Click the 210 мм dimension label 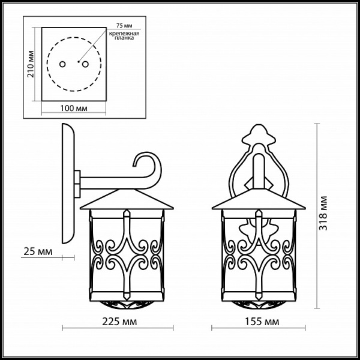tap(31, 64)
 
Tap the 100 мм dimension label tap(74, 108)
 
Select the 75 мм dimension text tap(124, 25)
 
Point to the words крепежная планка tap(124, 36)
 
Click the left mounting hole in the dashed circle tap(62, 64)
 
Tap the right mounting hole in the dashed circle tap(85, 64)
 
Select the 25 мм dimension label tap(38, 251)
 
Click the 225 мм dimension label tap(119, 322)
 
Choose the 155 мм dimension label tap(262, 322)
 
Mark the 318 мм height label tap(323, 213)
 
